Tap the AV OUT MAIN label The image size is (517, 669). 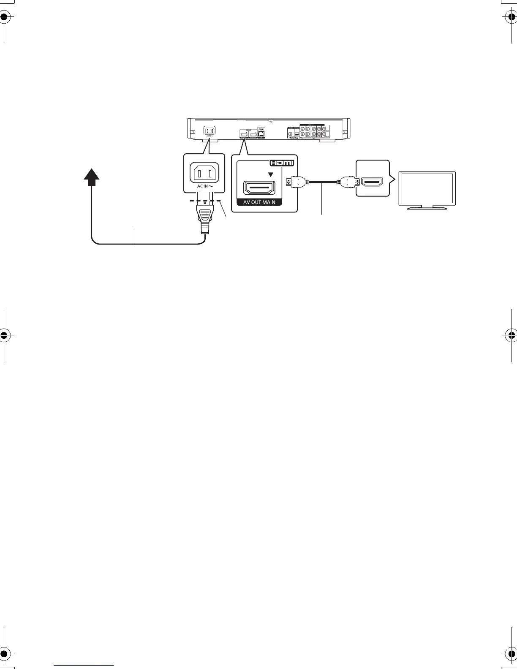(259, 202)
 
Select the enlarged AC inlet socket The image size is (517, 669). (201, 172)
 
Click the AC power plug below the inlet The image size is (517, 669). (204, 218)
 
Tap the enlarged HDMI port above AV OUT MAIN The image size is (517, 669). (259, 188)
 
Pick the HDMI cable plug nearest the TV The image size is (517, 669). (349, 182)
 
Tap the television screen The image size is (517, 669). (427, 188)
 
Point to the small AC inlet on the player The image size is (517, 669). (210, 131)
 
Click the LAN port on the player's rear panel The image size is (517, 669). (262, 133)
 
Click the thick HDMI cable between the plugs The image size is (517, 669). (323, 182)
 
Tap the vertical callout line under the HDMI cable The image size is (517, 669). (322, 201)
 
